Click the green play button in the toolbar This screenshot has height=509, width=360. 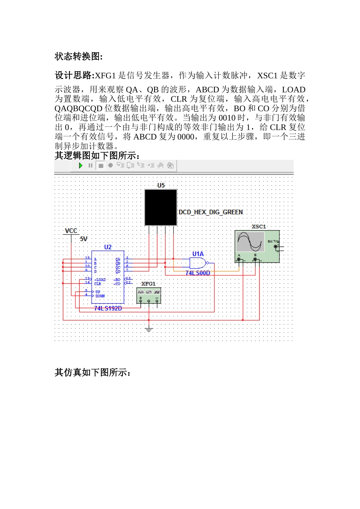pos(80,166)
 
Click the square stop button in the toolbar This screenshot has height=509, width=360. pos(101,166)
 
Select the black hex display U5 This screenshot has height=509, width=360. pos(161,207)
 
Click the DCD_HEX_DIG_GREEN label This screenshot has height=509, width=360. pos(211,212)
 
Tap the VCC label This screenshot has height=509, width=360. pos(71,231)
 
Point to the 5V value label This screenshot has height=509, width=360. pos(83,239)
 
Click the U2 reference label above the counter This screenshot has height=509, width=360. pos(108,247)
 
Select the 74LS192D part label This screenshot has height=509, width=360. pos(108,308)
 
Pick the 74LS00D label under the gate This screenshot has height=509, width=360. pos(197,273)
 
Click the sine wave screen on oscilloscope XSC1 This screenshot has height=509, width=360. pos(250,242)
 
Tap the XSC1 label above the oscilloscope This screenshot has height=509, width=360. pos(259,226)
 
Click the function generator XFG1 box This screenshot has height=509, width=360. pos(149,295)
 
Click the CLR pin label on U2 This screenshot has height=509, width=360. pos(97,284)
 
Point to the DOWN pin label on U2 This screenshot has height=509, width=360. pos(100,296)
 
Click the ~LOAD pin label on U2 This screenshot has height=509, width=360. pos(100,279)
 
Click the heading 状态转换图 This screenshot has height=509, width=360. pos(78,56)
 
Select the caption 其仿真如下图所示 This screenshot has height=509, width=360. pos(92,373)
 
